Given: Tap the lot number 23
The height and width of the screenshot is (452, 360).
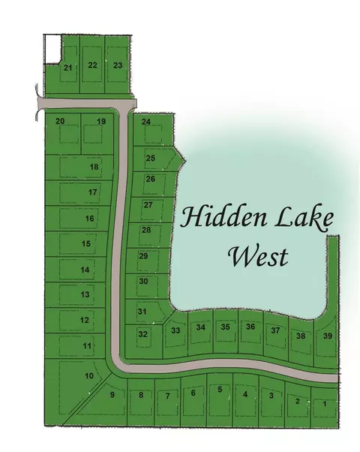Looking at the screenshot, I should pyautogui.click(x=118, y=65).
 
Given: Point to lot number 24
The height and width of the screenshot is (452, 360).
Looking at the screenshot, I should pyautogui.click(x=146, y=122).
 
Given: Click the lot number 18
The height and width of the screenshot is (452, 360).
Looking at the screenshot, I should pyautogui.click(x=94, y=167).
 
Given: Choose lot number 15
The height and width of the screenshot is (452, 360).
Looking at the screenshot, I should pyautogui.click(x=86, y=243).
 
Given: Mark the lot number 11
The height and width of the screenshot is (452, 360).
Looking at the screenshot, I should pyautogui.click(x=87, y=345).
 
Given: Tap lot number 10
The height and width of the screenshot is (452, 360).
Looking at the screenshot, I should pyautogui.click(x=89, y=375).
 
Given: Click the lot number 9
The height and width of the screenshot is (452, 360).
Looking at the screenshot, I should pyautogui.click(x=112, y=395).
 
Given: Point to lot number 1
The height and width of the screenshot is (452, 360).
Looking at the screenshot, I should pyautogui.click(x=324, y=404).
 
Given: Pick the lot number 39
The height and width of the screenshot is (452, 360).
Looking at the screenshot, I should pyautogui.click(x=327, y=336).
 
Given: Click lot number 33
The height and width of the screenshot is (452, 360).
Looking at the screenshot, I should pyautogui.click(x=175, y=330).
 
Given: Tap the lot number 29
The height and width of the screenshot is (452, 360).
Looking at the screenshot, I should pyautogui.click(x=143, y=256).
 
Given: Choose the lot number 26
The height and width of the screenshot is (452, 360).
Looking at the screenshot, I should pyautogui.click(x=151, y=179).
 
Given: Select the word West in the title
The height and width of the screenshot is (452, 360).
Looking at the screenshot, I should pyautogui.click(x=258, y=257).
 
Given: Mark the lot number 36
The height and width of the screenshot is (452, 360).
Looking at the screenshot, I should pyautogui.click(x=251, y=327).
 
